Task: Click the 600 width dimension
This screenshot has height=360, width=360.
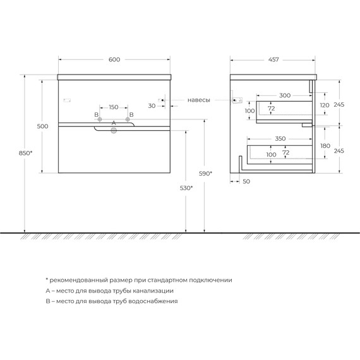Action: tap(114, 60)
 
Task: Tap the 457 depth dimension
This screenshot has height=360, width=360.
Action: tap(273, 60)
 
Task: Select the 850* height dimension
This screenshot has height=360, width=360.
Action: tap(25, 153)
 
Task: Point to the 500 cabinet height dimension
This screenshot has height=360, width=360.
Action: tap(43, 126)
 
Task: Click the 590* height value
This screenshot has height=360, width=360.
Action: tap(205, 174)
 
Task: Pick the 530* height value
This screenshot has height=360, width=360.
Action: tap(186, 188)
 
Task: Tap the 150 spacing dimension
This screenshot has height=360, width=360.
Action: tap(114, 107)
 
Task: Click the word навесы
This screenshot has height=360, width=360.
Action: tap(199, 100)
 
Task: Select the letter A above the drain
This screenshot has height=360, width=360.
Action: tap(114, 123)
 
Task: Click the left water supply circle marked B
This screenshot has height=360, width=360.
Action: tap(100, 119)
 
